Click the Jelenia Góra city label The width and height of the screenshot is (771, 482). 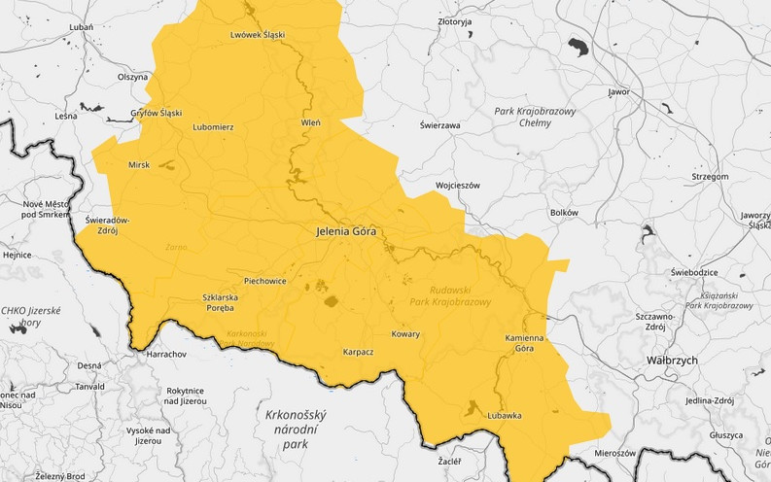click(345, 232)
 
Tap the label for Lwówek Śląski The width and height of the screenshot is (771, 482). click(258, 35)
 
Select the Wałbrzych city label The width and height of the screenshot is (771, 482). click(672, 360)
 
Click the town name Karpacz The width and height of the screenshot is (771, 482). click(358, 352)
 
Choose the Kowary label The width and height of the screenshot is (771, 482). click(405, 334)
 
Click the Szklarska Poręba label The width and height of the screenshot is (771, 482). click(218, 302)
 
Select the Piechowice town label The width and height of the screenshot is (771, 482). click(264, 281)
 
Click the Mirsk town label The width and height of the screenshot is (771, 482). click(139, 165)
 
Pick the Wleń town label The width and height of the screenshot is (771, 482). click(311, 123)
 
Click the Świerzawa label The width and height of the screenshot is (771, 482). click(439, 125)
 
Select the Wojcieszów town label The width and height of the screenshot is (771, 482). click(458, 184)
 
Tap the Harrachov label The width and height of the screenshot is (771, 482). click(165, 355)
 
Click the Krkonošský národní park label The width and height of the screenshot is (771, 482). click(295, 430)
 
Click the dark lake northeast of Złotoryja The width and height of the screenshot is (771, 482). click(579, 48)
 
